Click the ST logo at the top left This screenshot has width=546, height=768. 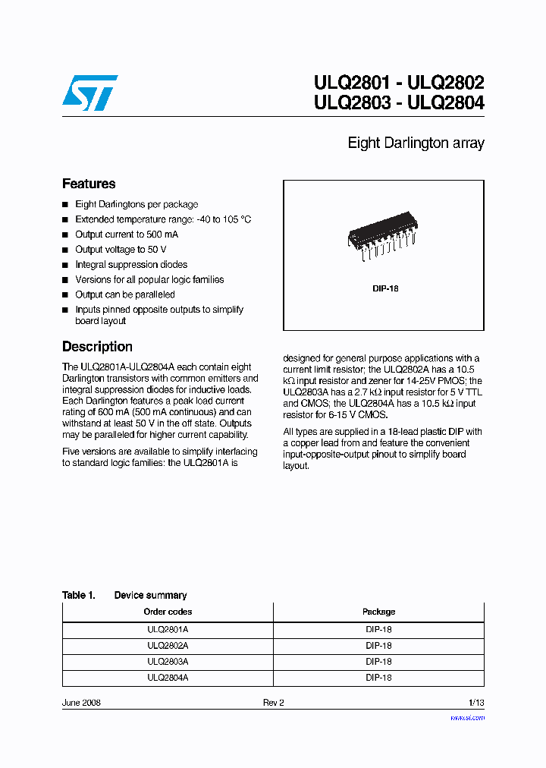pyautogui.click(x=89, y=93)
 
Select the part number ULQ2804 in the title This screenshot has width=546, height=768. pyautogui.click(x=445, y=103)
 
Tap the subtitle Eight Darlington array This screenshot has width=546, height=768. pyautogui.click(x=416, y=143)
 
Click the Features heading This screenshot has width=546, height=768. pyautogui.click(x=89, y=184)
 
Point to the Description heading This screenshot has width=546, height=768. pyautogui.click(x=97, y=347)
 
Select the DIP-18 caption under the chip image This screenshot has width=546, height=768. pyautogui.click(x=385, y=288)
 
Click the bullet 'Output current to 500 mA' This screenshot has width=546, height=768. pyautogui.click(x=127, y=234)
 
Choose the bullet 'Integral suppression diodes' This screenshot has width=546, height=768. pyautogui.click(x=131, y=265)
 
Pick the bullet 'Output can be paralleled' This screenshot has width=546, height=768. pyautogui.click(x=125, y=294)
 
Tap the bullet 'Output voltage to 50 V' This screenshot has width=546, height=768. pyautogui.click(x=121, y=250)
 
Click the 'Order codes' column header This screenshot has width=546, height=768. pyautogui.click(x=168, y=612)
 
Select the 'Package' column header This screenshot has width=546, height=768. pyautogui.click(x=378, y=612)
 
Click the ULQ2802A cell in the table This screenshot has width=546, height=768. pyautogui.click(x=168, y=646)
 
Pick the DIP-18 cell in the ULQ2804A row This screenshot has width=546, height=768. pyautogui.click(x=378, y=678)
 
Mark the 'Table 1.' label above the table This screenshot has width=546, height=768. pyautogui.click(x=79, y=596)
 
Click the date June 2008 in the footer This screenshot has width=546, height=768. pyautogui.click(x=81, y=703)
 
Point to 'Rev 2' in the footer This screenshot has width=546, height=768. pyautogui.click(x=273, y=703)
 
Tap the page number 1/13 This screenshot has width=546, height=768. pyautogui.click(x=475, y=703)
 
